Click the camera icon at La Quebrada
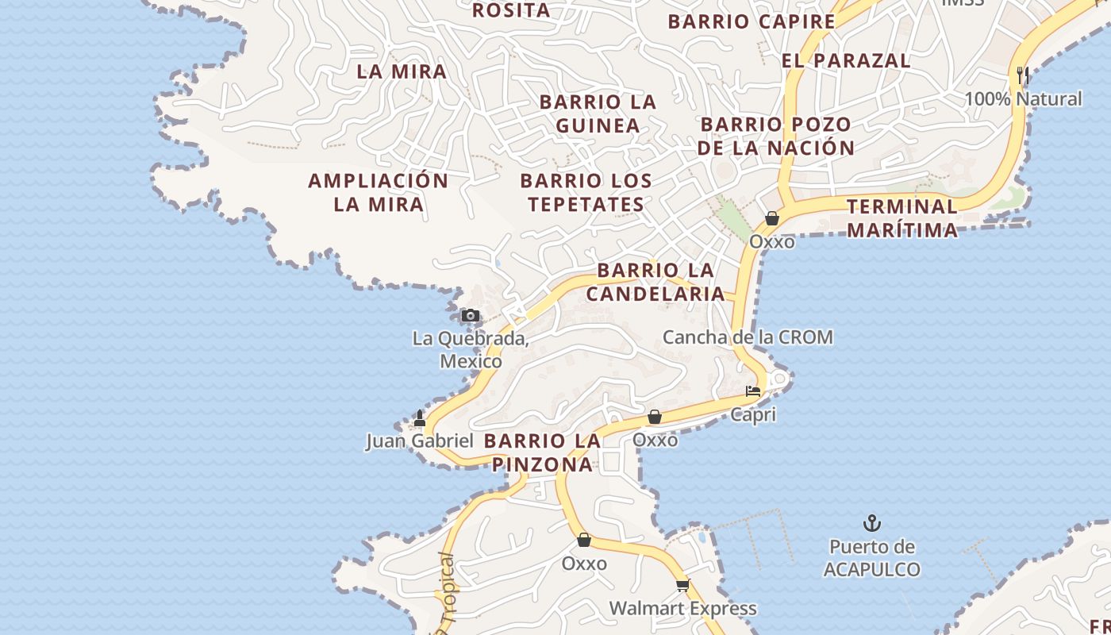coord(471,316)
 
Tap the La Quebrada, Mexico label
coord(471,350)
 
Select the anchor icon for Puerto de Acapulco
coord(872,523)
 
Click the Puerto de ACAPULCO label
coord(872,558)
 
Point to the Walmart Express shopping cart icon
coord(682,586)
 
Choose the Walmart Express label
coord(682,609)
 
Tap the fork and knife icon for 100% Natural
coord(1023,75)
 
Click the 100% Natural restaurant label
coord(1023,99)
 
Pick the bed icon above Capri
coord(752,391)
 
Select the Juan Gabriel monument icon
coord(420,418)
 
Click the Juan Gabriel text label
coord(420,441)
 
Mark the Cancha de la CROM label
coord(748,337)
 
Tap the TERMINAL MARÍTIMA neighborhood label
coord(902,218)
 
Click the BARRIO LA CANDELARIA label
coord(655,282)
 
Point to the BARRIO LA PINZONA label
coord(543,452)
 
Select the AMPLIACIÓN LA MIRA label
coord(379,192)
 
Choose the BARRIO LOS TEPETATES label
coord(586,192)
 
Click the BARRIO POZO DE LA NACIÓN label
coord(776,136)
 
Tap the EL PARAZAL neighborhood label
coord(845,60)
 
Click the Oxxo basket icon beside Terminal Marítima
coord(771,218)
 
